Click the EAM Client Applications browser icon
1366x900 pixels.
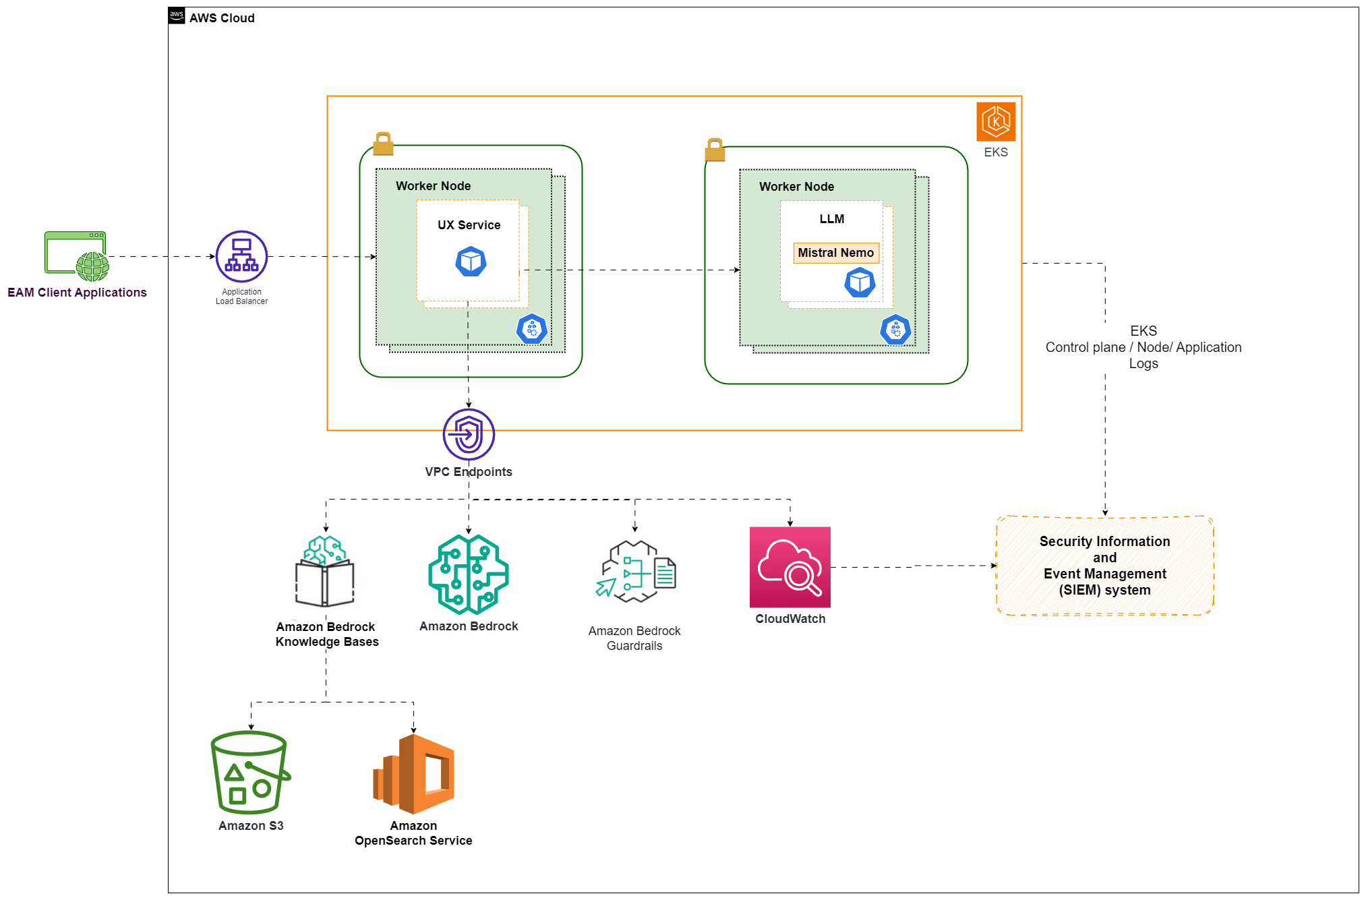(x=76, y=256)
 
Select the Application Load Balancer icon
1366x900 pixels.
(x=241, y=257)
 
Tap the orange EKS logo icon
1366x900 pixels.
(x=995, y=121)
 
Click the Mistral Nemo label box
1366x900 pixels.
(x=835, y=253)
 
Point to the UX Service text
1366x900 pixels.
(x=469, y=225)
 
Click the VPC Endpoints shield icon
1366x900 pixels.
(x=469, y=435)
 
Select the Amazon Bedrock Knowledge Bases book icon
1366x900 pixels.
(x=325, y=572)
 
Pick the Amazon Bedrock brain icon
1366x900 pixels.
(x=469, y=574)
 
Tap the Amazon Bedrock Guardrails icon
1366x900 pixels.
(x=635, y=571)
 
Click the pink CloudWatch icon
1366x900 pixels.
(x=790, y=567)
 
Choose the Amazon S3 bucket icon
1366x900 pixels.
(x=250, y=773)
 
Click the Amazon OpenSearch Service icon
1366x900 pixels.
(x=413, y=774)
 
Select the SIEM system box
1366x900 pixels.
(x=1104, y=566)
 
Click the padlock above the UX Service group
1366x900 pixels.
(x=383, y=144)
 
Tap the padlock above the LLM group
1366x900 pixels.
(x=715, y=150)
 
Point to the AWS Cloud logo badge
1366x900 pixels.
(x=177, y=16)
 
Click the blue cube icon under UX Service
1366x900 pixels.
(x=471, y=262)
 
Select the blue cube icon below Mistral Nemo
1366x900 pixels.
(x=860, y=282)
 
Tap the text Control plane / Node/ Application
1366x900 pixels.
(x=1143, y=347)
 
